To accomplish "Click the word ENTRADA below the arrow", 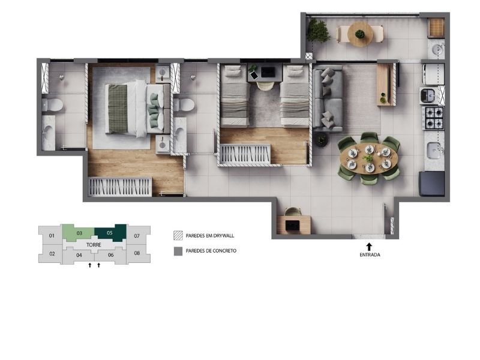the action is click(x=370, y=254).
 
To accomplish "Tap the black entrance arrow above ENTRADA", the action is click(x=369, y=247).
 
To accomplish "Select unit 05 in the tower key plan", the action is click(x=110, y=233).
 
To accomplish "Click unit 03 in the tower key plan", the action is click(x=79, y=233).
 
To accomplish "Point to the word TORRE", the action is click(x=94, y=245).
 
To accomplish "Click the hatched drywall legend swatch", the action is click(x=178, y=235).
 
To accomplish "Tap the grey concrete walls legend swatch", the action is click(x=178, y=251).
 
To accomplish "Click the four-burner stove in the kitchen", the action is click(x=433, y=118).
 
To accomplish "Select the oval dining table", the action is click(x=368, y=158).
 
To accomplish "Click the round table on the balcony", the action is click(x=360, y=34).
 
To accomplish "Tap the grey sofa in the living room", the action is click(x=328, y=98).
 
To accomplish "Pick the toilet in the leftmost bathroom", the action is click(x=53, y=105).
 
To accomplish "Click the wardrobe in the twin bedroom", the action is click(x=245, y=155).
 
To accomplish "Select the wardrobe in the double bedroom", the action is click(x=119, y=187).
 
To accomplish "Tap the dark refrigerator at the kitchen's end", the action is click(x=431, y=184).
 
